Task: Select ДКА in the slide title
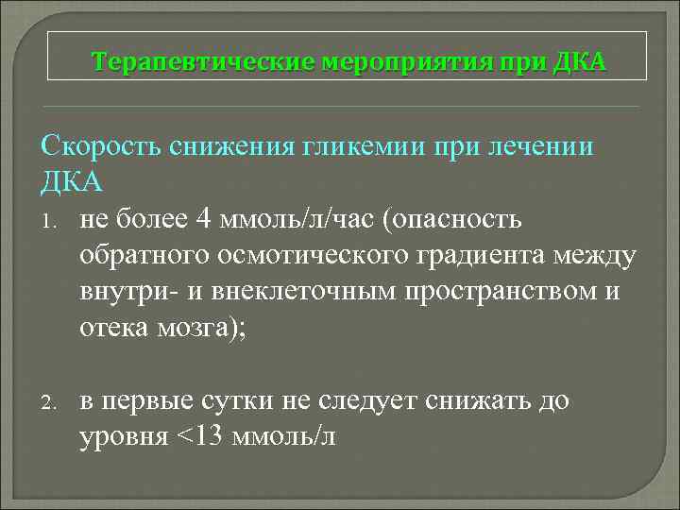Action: tap(585, 62)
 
